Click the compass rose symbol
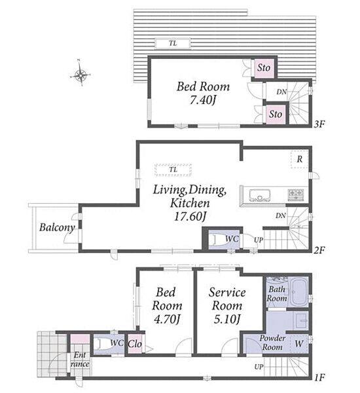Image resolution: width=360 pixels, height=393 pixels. (80, 74)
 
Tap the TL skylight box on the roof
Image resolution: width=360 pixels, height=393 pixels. (173, 43)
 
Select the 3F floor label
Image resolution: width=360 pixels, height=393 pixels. (319, 124)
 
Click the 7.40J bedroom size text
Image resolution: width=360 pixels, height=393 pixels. (203, 100)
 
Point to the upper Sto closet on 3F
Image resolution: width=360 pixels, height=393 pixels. (264, 67)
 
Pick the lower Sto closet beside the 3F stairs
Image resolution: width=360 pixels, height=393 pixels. (276, 114)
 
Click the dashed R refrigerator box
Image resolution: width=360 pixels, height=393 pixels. (299, 159)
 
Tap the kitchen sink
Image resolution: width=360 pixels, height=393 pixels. (260, 195)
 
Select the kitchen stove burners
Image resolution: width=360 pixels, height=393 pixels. (296, 195)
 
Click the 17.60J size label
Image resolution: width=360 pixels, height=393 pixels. (190, 217)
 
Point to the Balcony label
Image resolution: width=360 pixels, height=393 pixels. (57, 227)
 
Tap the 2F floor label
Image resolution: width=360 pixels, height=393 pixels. (319, 250)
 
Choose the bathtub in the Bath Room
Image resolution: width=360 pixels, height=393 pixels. (300, 291)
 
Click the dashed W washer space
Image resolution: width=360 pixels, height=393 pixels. (299, 344)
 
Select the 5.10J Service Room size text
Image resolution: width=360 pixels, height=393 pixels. (228, 319)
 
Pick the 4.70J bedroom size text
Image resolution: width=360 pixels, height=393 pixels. (167, 319)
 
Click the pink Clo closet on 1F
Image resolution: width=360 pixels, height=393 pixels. (135, 344)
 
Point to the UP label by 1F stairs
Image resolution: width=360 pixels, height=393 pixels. (259, 367)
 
